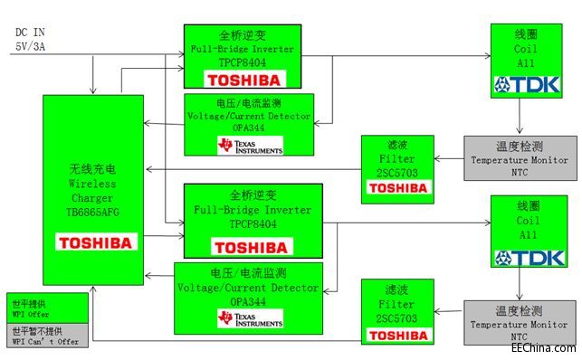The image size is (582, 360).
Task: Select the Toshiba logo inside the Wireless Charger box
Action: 95,242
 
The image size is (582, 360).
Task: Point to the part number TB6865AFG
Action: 93,209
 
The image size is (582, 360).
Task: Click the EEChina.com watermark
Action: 541,348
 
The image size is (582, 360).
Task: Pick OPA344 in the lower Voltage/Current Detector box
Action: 248,299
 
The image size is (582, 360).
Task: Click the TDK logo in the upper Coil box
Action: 528,85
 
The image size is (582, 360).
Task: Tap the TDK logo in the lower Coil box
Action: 528,258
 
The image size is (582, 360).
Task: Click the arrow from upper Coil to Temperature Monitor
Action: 519,117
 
